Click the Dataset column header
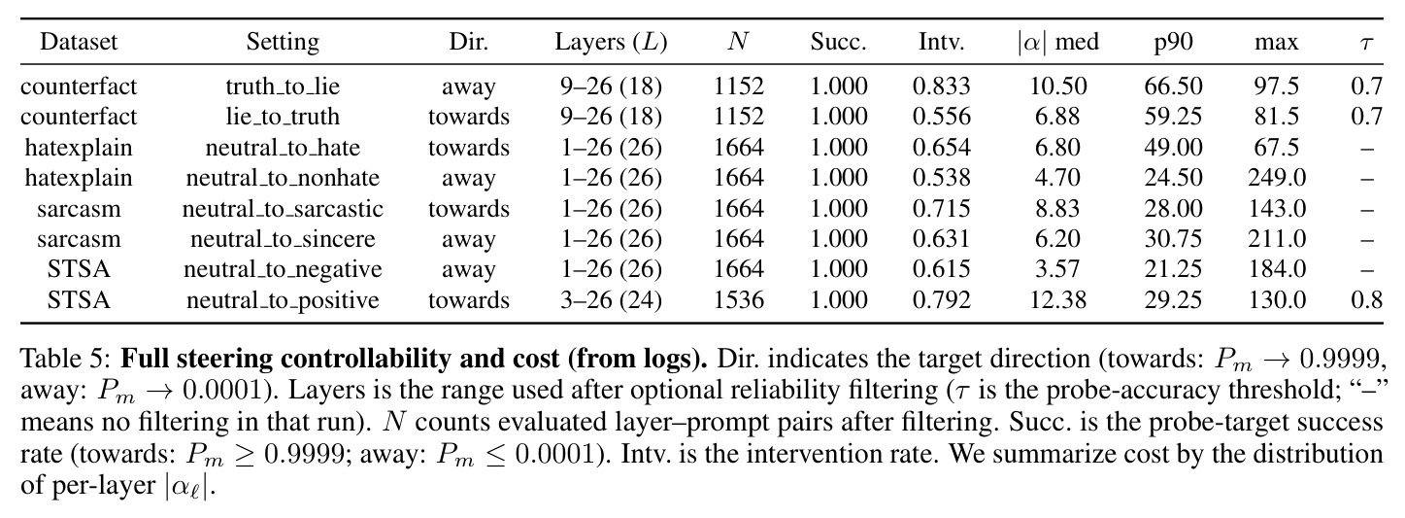coord(79,42)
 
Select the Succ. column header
coord(838,42)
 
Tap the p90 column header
coord(1173,43)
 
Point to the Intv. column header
coord(941,42)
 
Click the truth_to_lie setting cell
coord(283,86)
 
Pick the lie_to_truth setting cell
coord(283,117)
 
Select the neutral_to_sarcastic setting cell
coord(283,208)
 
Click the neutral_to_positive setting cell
coord(283,300)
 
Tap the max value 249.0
coord(1277,178)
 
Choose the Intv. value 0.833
coord(941,86)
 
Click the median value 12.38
coord(1058,300)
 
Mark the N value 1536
coord(738,300)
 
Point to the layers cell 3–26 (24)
coord(611,300)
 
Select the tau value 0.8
coord(1367,300)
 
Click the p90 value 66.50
coord(1173,86)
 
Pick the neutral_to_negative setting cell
coord(283,269)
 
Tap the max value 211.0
coord(1277,239)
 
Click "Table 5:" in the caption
coord(66,359)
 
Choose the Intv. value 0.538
coord(941,178)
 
